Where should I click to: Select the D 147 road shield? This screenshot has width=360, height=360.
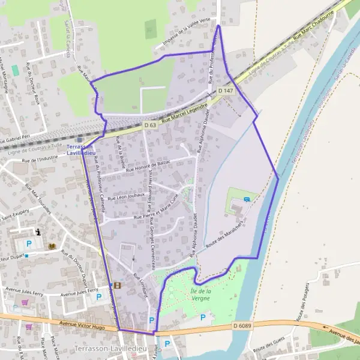pos(225,90)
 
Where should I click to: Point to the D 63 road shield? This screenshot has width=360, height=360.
pos(150,125)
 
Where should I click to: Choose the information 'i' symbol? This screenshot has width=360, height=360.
pos(38,232)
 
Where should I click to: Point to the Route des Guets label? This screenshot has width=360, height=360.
pos(269,347)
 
